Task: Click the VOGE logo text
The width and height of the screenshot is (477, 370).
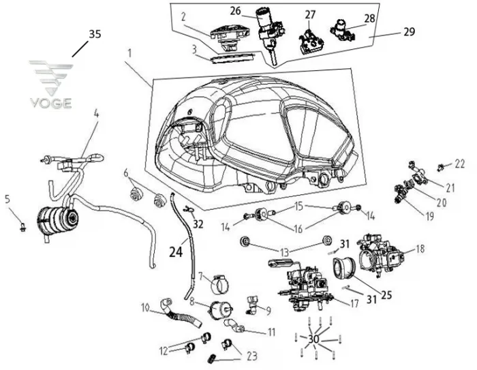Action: [50, 103]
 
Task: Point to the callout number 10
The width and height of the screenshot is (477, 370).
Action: [145, 306]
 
